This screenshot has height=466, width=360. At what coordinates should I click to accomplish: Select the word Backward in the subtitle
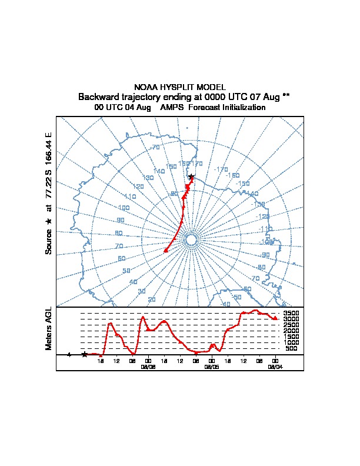98,96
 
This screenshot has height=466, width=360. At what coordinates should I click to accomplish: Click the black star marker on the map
191,177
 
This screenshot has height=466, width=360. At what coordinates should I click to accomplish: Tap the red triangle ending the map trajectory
166,251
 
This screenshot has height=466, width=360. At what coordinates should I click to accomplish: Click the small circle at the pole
191,239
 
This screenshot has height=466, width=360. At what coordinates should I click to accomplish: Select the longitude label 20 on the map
152,300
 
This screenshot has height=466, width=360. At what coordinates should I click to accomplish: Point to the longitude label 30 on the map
141,292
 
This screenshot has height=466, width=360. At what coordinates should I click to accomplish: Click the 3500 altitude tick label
292,313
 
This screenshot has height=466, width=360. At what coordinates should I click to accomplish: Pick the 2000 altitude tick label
292,331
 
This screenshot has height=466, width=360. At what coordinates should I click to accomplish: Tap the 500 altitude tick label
291,348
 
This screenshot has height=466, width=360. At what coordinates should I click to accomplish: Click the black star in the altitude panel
84,354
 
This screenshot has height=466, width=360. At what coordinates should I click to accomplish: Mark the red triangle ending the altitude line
275,318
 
